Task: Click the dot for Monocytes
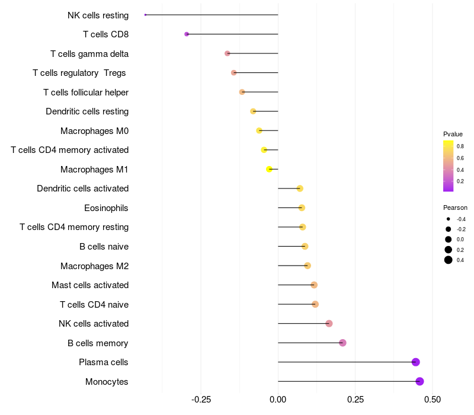point(419,381)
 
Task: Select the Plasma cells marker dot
point(415,362)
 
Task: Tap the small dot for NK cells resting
point(145,15)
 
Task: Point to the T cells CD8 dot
point(187,34)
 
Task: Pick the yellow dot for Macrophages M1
point(270,169)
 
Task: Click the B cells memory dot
point(342,343)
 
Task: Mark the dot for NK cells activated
point(329,324)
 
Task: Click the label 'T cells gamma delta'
point(89,54)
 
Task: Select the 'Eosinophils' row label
point(106,208)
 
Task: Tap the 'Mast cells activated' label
point(90,285)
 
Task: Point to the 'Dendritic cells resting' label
point(87,111)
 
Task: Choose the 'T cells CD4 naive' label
point(94,305)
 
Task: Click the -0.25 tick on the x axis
point(201,400)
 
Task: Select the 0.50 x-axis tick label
point(433,400)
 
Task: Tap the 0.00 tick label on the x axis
point(278,400)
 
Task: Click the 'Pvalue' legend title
point(453,134)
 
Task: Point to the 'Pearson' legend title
point(455,208)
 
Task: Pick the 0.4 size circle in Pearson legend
point(449,260)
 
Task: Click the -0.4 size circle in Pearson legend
point(449,219)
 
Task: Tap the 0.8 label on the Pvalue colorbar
point(460,146)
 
